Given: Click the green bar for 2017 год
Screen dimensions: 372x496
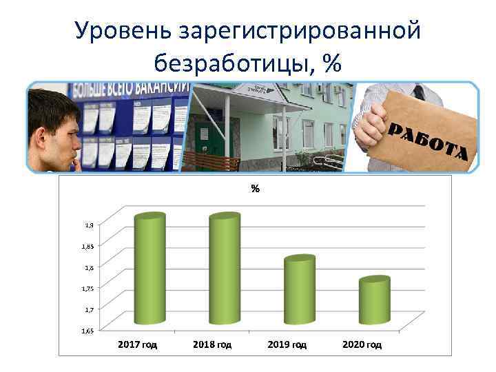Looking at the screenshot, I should click(149, 269).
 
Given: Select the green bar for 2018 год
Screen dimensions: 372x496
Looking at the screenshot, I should click(224, 269).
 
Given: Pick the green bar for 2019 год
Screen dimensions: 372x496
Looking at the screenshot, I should click(299, 289).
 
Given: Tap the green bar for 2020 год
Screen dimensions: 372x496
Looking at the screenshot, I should click(374, 300).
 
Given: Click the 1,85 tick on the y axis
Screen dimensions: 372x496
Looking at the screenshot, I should click(89, 246).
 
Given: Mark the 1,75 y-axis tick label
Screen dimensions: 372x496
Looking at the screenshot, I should click(89, 289).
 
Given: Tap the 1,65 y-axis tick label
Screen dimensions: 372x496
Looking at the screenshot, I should click(89, 331).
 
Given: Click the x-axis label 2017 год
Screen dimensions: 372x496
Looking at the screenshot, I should click(138, 344).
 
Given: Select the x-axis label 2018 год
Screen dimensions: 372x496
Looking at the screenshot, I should click(212, 344).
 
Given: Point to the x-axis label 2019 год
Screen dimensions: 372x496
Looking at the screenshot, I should click(287, 344).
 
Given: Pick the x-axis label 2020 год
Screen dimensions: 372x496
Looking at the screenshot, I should click(362, 344).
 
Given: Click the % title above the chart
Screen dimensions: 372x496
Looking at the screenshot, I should click(255, 188).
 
